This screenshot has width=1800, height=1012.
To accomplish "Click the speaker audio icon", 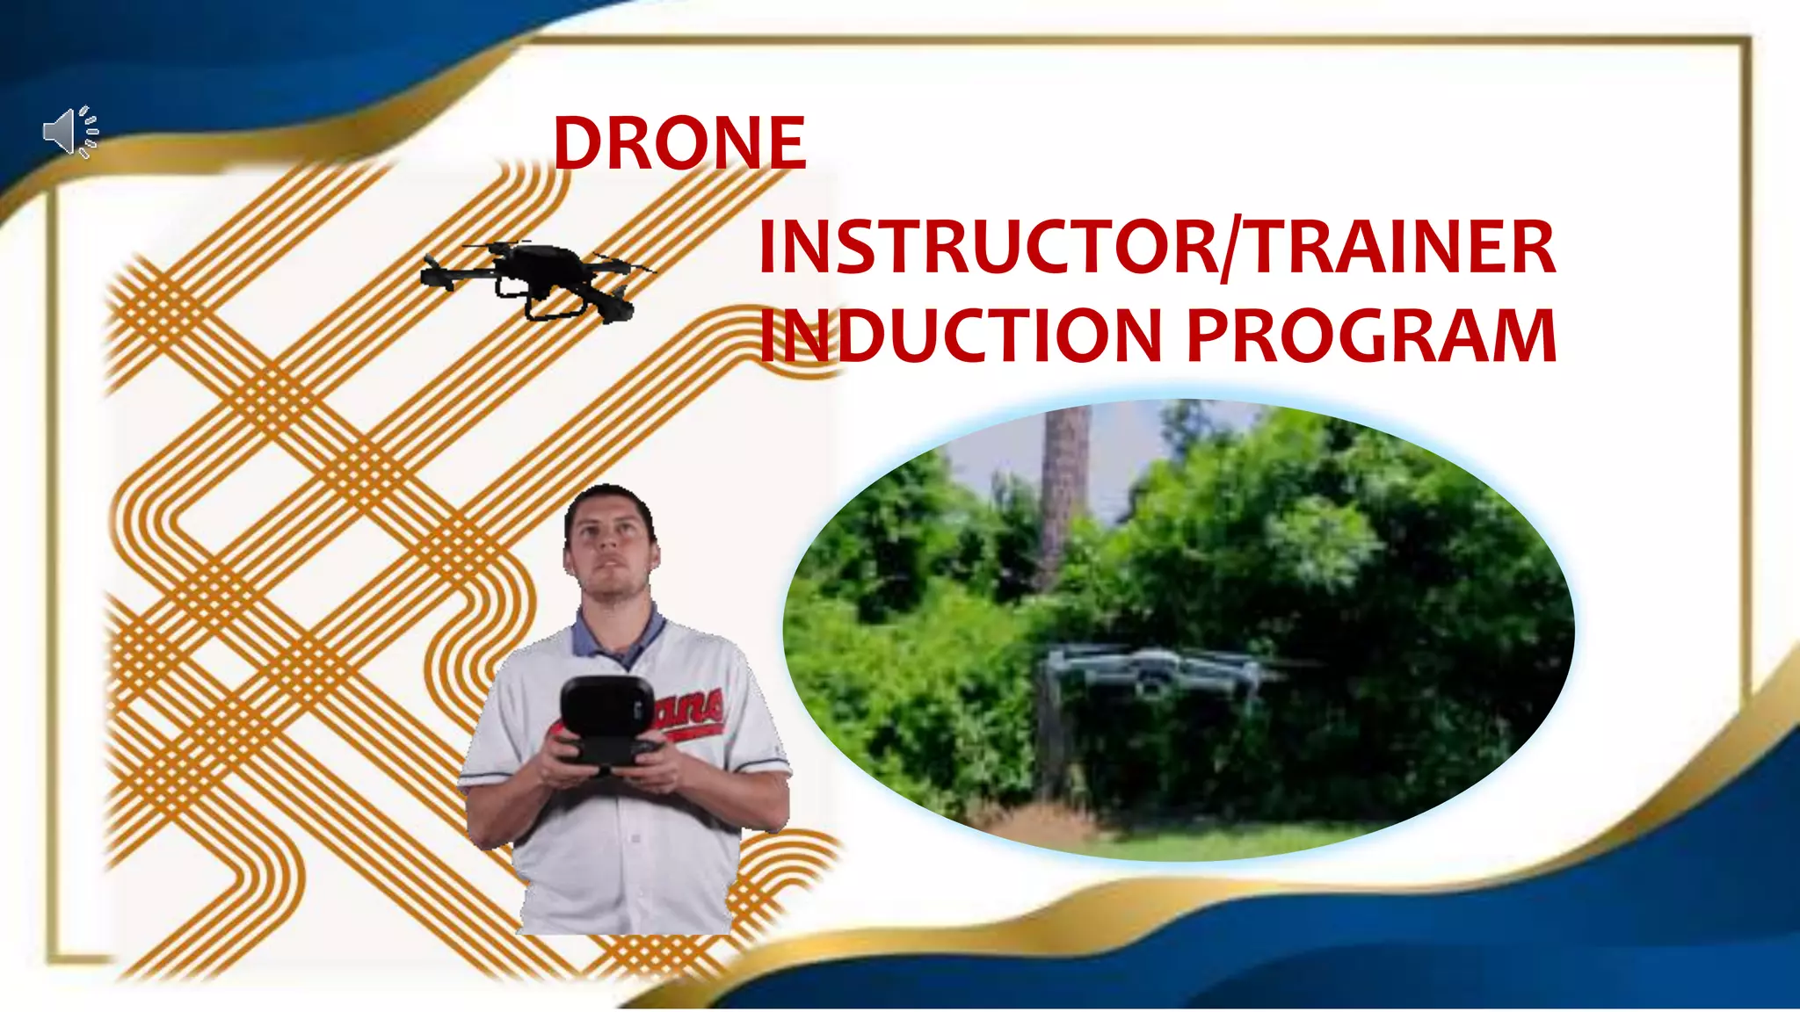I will point(70,133).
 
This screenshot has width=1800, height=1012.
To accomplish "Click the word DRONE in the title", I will point(679,143).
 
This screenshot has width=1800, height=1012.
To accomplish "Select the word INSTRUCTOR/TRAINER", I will point(1157,248).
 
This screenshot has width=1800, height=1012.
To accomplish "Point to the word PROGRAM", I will point(1372,336).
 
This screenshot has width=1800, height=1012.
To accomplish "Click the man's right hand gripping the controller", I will point(562,760).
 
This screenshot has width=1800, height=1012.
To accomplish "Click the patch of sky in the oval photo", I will point(1125,448).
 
